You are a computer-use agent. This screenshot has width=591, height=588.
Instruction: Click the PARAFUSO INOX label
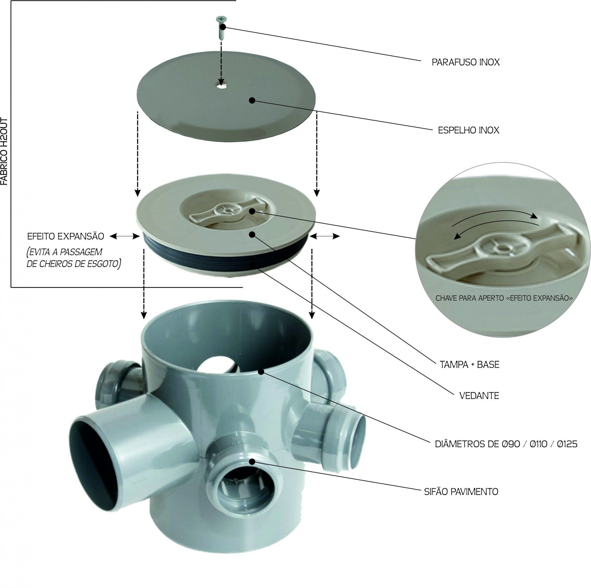(465, 62)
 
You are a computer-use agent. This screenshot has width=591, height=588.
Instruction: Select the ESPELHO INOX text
(468, 130)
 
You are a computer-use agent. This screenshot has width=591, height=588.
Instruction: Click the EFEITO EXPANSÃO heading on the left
(66, 236)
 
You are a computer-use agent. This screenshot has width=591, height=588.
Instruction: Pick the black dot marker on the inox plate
(252, 100)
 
